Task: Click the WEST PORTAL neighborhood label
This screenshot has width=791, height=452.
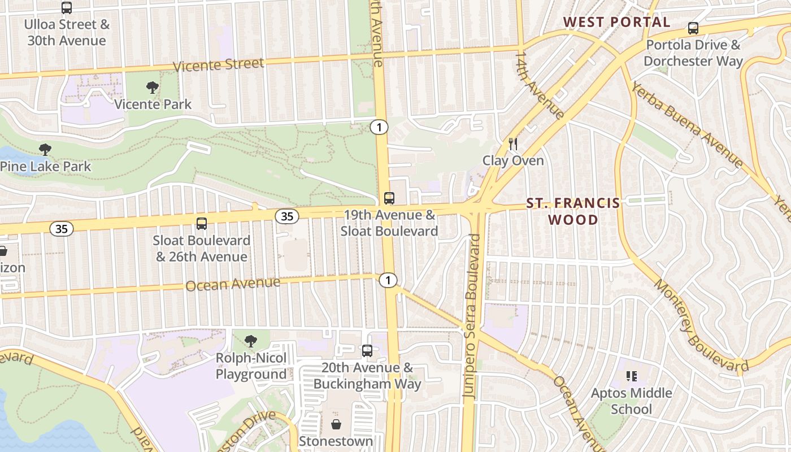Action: point(616,22)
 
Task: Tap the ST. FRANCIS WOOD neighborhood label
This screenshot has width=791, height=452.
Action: point(573,211)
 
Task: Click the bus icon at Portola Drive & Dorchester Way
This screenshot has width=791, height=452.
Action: point(693,28)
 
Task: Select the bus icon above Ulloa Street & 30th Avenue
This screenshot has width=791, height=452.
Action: point(67,8)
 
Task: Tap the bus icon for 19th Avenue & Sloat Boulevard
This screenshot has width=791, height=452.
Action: point(389,198)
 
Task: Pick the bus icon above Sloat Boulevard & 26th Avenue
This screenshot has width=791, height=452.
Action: point(202,223)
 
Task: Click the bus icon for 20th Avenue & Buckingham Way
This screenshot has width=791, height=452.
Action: point(367,351)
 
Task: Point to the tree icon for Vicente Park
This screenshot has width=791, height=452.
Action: point(152,87)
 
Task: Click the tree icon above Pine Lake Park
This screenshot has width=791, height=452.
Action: point(45,149)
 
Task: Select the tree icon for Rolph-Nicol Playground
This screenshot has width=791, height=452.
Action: point(251,341)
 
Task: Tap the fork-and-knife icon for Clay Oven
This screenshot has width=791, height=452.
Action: point(512,144)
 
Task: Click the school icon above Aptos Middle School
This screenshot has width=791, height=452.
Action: point(632,376)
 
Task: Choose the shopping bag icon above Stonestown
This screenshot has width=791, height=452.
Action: point(336,424)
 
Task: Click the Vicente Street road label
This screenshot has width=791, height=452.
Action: point(218,64)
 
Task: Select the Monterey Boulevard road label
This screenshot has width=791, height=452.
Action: point(701,326)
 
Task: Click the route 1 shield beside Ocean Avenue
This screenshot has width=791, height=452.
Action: point(388,280)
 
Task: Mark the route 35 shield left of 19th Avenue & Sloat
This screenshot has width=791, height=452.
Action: point(287,216)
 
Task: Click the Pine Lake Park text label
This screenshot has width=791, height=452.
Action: point(45,166)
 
